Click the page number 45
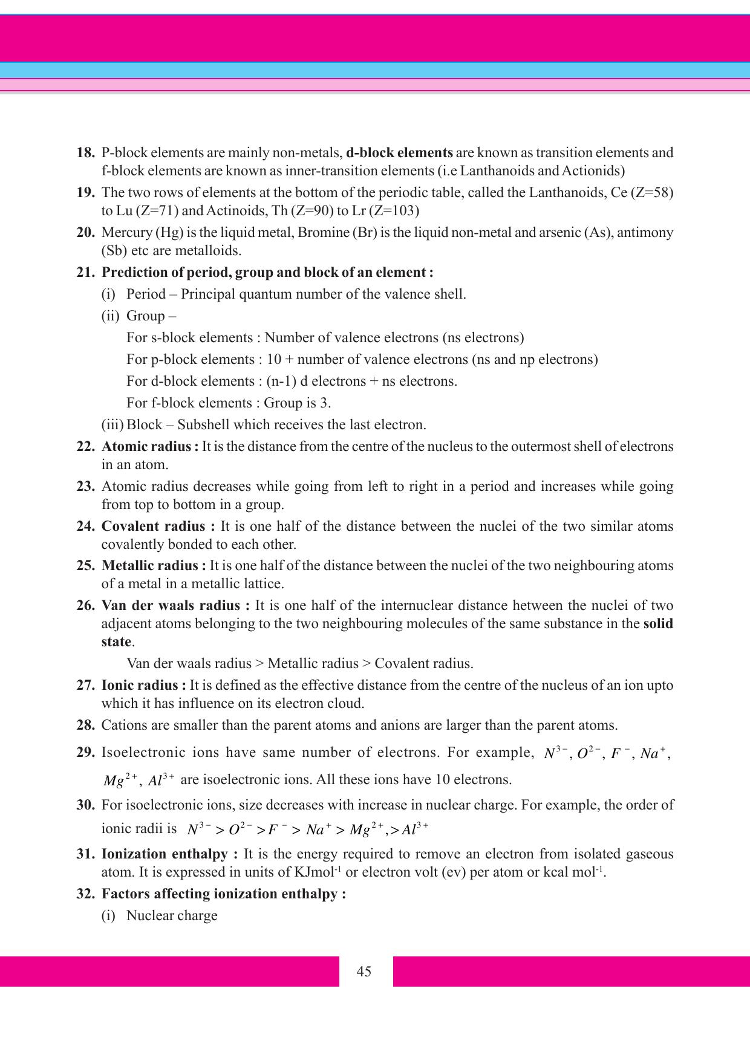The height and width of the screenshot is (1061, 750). point(364,972)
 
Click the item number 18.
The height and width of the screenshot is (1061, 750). point(85,152)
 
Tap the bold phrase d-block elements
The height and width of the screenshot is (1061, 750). point(399,152)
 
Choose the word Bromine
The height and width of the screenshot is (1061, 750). point(324,232)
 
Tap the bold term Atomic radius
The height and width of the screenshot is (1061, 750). point(147,446)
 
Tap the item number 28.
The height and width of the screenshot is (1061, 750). point(85,725)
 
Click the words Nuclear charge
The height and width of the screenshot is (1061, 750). point(172,915)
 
